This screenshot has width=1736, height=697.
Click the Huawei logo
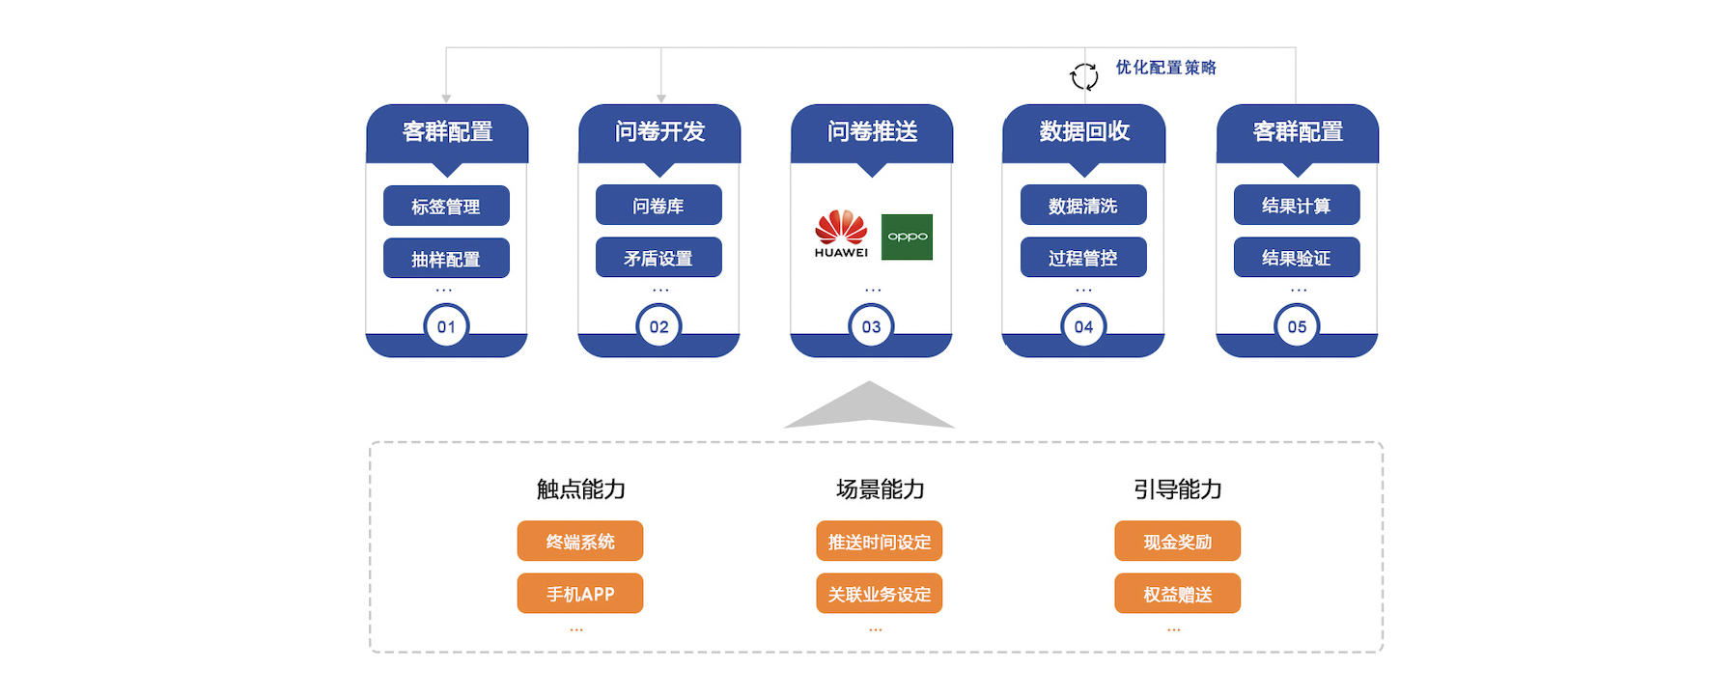click(841, 234)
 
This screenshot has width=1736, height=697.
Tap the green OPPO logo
click(908, 237)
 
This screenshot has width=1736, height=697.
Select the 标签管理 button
click(446, 206)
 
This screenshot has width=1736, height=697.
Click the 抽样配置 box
click(446, 259)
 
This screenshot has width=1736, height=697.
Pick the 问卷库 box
click(658, 205)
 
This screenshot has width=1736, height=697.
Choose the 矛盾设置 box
click(658, 258)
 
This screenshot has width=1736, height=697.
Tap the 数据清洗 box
click(1083, 205)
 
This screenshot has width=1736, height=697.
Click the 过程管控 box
click(1083, 258)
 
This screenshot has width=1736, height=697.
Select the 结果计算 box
click(1297, 205)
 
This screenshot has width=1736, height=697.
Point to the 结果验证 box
click(1297, 258)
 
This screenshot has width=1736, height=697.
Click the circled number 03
click(871, 327)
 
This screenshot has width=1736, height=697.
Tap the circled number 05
click(1297, 327)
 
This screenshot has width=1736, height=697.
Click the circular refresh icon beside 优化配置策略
click(1084, 76)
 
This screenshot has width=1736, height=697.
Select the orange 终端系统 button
click(580, 542)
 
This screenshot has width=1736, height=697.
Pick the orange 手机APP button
click(580, 594)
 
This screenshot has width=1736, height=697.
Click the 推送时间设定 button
click(879, 542)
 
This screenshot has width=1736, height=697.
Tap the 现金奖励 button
click(1177, 542)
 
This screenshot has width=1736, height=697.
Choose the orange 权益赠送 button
click(1177, 594)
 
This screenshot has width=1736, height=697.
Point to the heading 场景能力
click(880, 489)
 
